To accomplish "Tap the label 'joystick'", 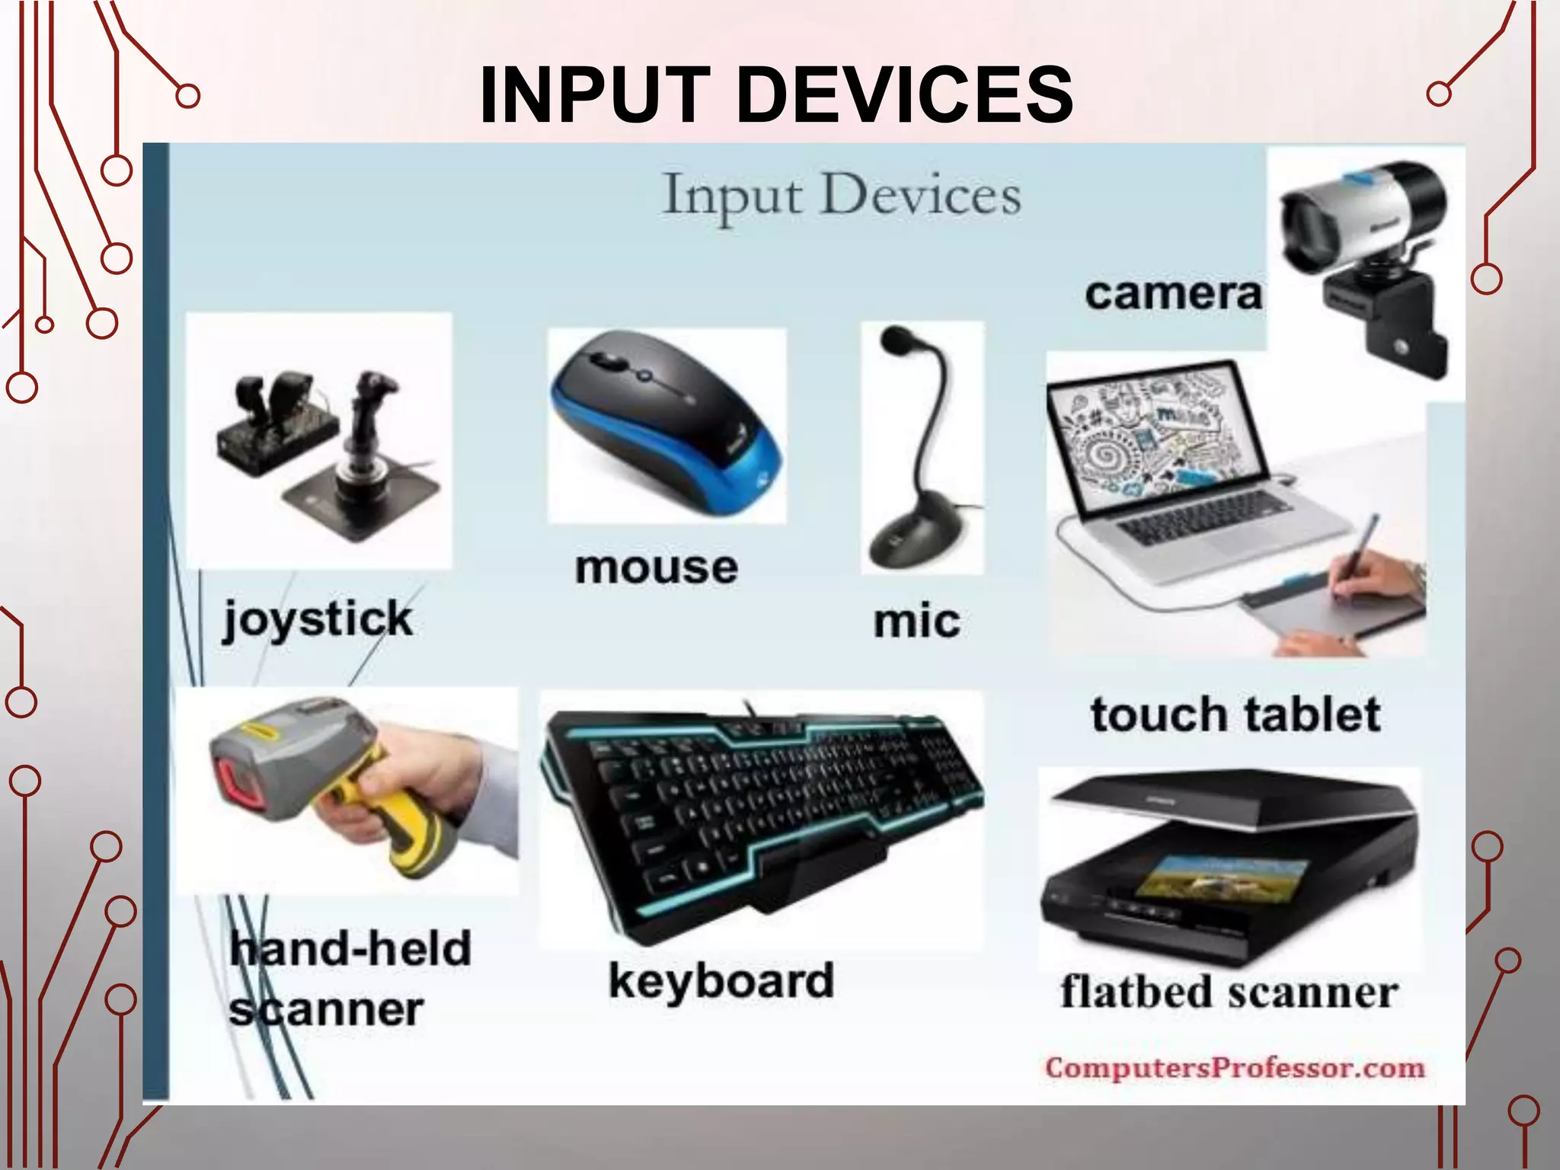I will (318, 619).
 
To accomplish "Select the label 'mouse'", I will (657, 568).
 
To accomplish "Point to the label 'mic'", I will (916, 622).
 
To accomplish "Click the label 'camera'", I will (1173, 294).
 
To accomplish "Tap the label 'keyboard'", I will (721, 981).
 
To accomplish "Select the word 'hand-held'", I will (351, 949).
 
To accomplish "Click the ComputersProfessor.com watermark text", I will (1235, 1067).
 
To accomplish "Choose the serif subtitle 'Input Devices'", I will (842, 196).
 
